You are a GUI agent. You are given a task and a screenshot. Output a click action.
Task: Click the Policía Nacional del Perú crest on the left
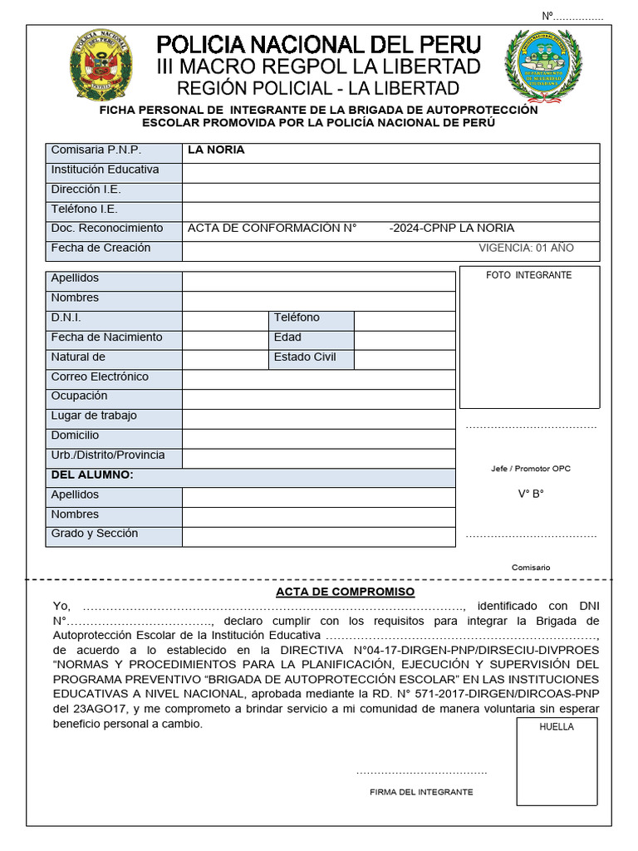click(x=99, y=66)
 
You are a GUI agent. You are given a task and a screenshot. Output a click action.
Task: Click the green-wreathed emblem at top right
click(x=543, y=66)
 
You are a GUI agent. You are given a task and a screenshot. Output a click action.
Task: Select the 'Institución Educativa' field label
click(x=105, y=170)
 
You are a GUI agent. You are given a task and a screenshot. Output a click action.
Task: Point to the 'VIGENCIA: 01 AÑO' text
click(x=526, y=248)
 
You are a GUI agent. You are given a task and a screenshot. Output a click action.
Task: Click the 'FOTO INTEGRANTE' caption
click(x=529, y=275)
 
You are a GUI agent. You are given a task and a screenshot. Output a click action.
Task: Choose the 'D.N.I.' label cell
click(x=66, y=318)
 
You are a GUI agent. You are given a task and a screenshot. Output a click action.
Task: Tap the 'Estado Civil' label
click(x=305, y=357)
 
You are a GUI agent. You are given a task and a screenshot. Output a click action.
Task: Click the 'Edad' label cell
click(x=287, y=337)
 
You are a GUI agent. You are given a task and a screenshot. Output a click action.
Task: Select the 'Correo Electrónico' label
click(x=100, y=377)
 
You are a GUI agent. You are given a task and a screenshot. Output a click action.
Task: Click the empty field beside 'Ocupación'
click(x=318, y=397)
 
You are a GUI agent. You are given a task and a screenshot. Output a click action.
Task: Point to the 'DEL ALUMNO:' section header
click(x=92, y=475)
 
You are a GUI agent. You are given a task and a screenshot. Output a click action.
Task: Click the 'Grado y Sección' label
click(x=95, y=534)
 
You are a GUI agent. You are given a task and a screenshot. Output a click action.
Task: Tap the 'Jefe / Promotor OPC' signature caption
click(x=531, y=469)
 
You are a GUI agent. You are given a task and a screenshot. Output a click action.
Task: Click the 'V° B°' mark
click(x=531, y=494)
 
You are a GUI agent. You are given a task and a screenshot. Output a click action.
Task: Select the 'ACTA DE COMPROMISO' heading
click(x=345, y=592)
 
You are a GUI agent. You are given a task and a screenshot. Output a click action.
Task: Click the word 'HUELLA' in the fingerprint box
click(x=557, y=726)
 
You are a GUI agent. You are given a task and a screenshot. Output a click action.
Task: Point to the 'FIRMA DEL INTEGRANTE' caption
click(x=421, y=792)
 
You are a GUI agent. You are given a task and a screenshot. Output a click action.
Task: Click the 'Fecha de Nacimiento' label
click(x=106, y=338)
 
